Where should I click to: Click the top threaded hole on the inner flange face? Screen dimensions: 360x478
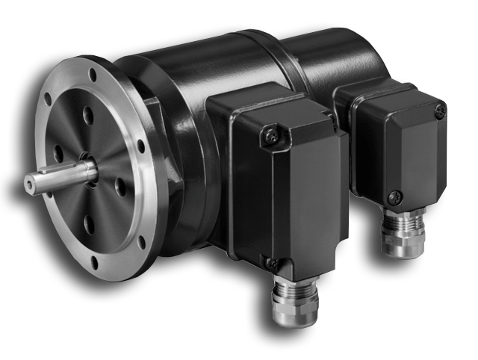88,114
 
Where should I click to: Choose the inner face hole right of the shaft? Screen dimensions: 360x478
120,187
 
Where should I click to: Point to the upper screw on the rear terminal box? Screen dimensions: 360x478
440,111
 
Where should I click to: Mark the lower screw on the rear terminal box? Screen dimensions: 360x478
395,196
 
